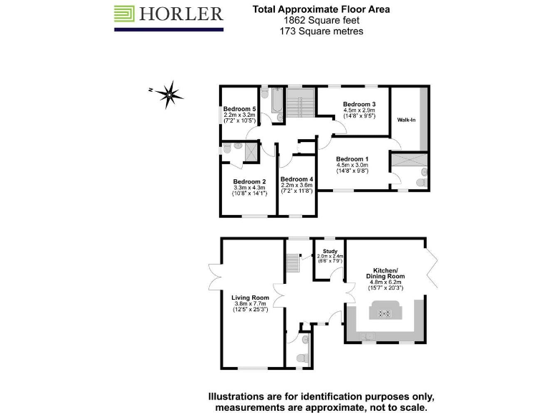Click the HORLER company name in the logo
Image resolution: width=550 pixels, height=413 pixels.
(181, 14)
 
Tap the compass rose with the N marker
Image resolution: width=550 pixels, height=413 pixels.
(169, 92)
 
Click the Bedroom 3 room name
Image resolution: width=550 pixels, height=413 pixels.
(360, 104)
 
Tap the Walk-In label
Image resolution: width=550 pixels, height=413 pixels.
(407, 120)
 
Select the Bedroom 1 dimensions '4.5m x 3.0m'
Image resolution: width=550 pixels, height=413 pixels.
(352, 166)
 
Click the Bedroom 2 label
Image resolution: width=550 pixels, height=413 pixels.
(249, 181)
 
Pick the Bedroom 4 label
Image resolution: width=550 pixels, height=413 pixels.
(296, 179)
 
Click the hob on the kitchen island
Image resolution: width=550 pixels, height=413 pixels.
(385, 313)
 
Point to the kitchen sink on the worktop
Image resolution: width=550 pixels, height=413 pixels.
(367, 336)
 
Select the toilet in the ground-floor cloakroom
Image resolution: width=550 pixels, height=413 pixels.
(301, 357)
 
